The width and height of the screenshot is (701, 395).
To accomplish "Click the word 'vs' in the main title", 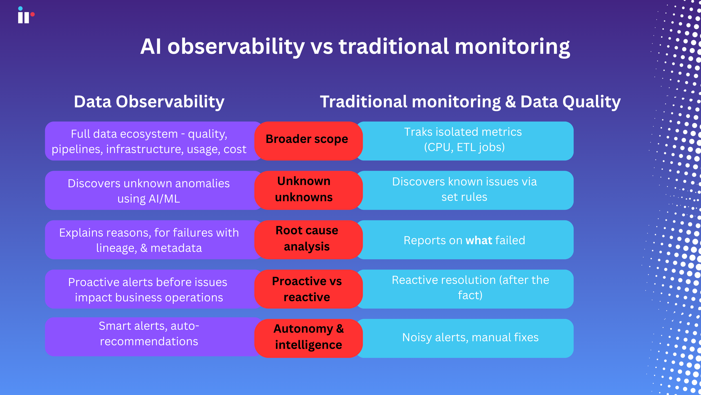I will (x=322, y=46).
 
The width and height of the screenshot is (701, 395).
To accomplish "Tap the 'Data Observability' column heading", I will (x=149, y=102).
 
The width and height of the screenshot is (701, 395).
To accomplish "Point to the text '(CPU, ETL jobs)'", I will (x=464, y=147).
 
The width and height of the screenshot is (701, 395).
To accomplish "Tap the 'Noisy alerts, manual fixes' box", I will (x=470, y=337).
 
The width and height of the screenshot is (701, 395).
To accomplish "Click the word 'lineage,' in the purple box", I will (x=116, y=248).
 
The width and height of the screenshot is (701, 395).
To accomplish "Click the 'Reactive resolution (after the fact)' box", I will (x=470, y=288).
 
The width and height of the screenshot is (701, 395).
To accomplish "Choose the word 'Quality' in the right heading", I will (x=591, y=102).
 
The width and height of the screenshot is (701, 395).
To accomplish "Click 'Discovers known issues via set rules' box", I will (x=464, y=189).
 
